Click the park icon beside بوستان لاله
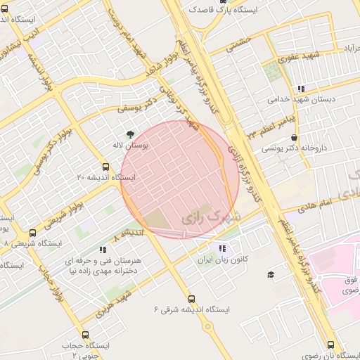[x=129, y=134]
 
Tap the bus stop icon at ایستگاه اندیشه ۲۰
[x=105, y=167]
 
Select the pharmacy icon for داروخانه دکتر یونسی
[x=293, y=138]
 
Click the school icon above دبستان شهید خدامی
[x=301, y=89]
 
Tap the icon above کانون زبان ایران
[x=222, y=248]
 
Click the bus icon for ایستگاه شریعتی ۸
[x=32, y=233]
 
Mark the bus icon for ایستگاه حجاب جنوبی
[x=85, y=335]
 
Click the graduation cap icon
[x=271, y=274]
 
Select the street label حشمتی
[x=238, y=44]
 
